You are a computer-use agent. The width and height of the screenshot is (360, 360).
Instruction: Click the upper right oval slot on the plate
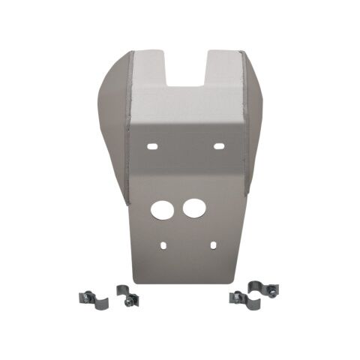(x=220, y=145)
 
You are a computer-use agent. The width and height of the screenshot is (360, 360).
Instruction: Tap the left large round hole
(x=162, y=209)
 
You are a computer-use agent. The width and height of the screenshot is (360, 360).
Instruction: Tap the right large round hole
(x=194, y=208)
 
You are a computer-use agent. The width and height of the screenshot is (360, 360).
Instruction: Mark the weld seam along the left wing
(x=128, y=127)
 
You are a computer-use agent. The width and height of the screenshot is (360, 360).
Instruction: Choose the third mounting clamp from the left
(x=240, y=298)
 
